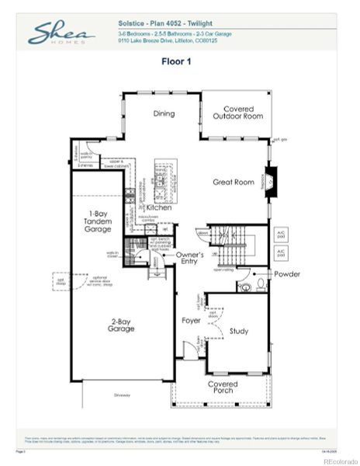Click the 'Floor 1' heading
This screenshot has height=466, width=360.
(179, 61)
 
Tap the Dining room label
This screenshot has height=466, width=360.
(163, 113)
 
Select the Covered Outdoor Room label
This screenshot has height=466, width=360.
(237, 113)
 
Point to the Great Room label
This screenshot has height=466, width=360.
(234, 183)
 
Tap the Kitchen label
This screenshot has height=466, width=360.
(159, 208)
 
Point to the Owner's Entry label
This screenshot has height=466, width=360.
(189, 259)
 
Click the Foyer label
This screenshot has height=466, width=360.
(191, 319)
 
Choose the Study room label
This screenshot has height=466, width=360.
(238, 332)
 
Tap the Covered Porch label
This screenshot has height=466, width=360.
(222, 387)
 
